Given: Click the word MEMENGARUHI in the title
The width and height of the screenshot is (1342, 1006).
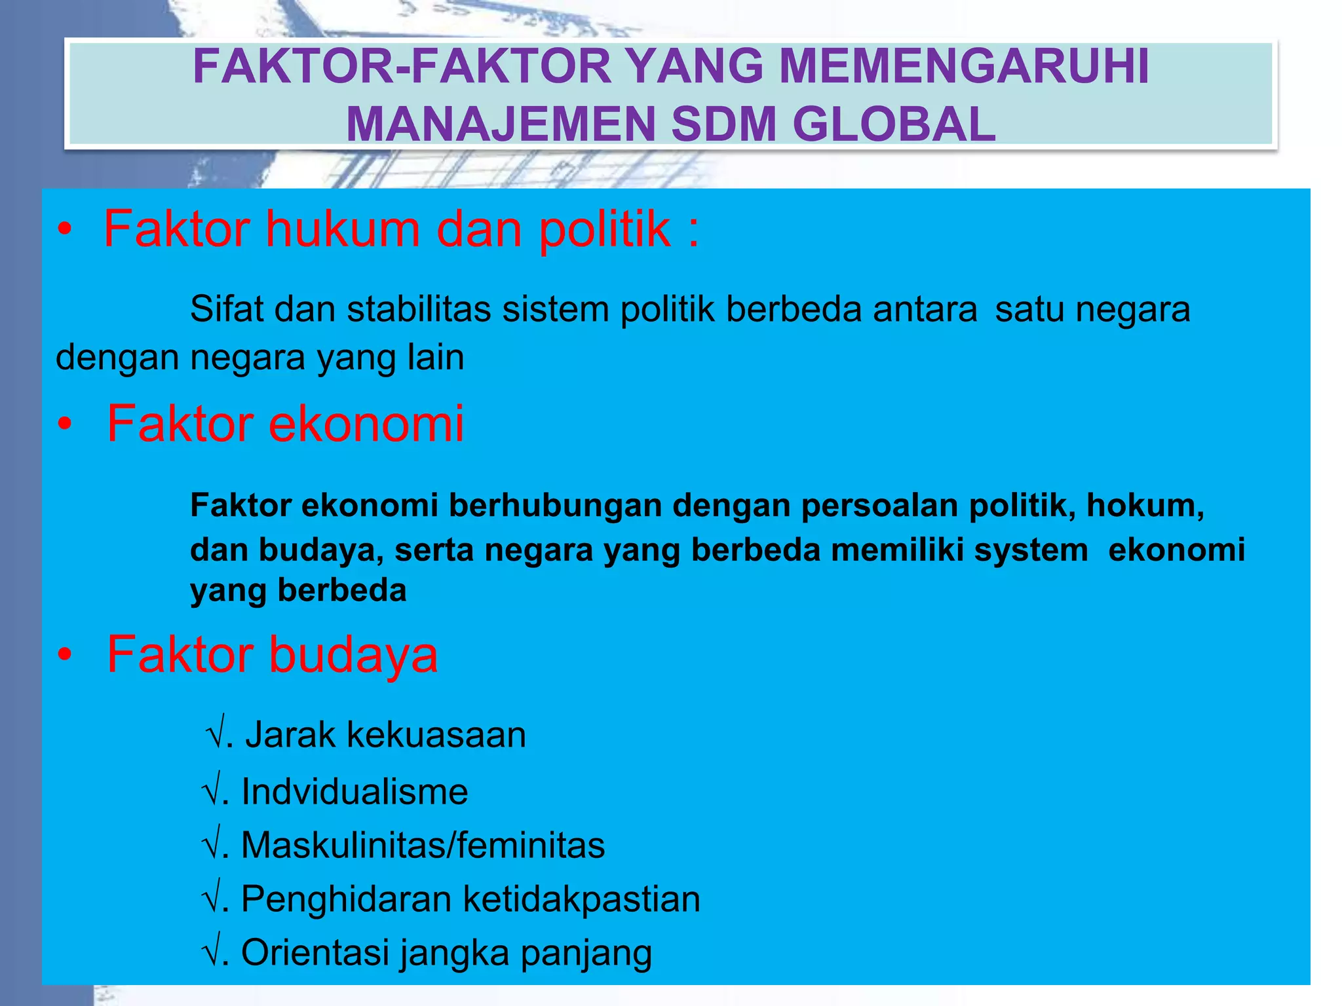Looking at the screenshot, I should pos(964,67).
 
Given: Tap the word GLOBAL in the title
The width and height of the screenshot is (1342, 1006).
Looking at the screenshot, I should pos(894,124).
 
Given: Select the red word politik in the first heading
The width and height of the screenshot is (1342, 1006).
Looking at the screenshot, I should pos(605,230).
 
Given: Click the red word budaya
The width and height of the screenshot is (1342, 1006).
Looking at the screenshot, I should pos(354,654).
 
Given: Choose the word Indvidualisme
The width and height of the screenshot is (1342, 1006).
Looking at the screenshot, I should pos(355,791).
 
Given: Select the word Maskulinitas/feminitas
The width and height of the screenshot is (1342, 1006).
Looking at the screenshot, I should pos(423,845).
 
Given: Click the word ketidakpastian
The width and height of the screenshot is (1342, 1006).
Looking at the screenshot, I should pos(582,899).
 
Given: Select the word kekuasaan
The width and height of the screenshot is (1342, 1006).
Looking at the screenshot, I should pos(436,735).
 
